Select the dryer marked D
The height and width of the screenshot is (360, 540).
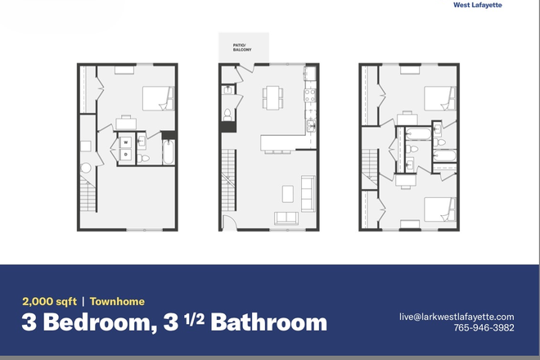[x=127, y=153]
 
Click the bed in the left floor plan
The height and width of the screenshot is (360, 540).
[x=155, y=98]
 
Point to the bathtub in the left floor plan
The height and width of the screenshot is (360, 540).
[x=168, y=152]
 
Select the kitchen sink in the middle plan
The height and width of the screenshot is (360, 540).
[x=311, y=125]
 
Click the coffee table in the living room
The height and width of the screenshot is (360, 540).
[x=288, y=193]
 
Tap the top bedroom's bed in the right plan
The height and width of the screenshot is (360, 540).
[x=440, y=98]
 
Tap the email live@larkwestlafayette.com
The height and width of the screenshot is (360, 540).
[x=457, y=317]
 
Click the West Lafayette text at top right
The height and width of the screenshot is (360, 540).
[x=489, y=5]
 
